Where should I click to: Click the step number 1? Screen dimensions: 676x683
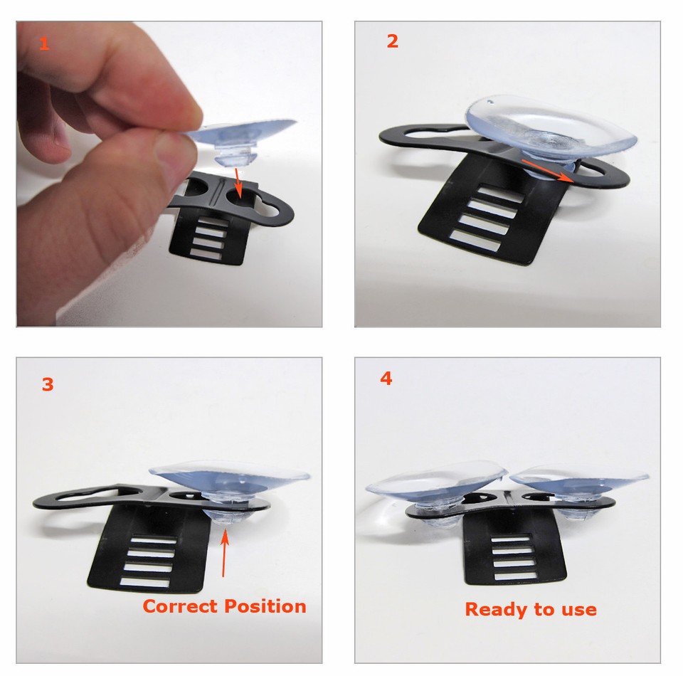point(44,44)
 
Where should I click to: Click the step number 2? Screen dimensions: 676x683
point(392,41)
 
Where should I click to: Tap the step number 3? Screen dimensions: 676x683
point(47,385)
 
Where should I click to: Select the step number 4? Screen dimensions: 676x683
point(386,379)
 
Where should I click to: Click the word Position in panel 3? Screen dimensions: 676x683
point(265,606)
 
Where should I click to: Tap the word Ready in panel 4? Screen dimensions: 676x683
point(491,609)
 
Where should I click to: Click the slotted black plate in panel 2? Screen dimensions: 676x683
point(491,213)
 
